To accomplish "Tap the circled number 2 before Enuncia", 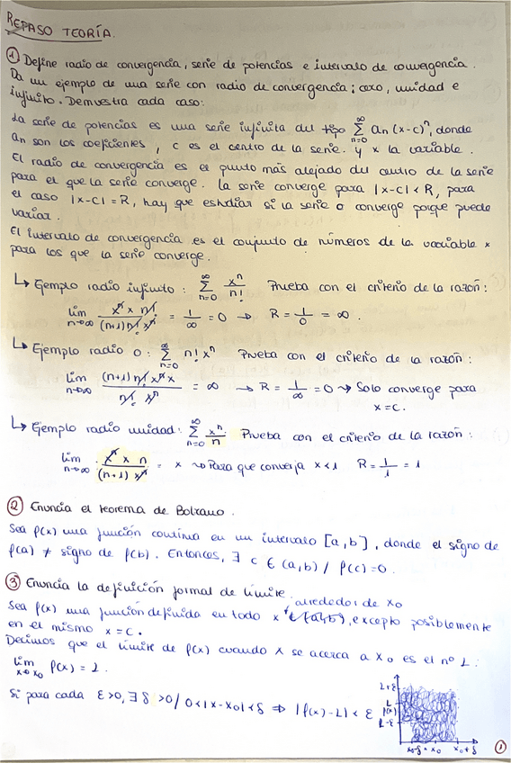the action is tap(15, 505).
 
